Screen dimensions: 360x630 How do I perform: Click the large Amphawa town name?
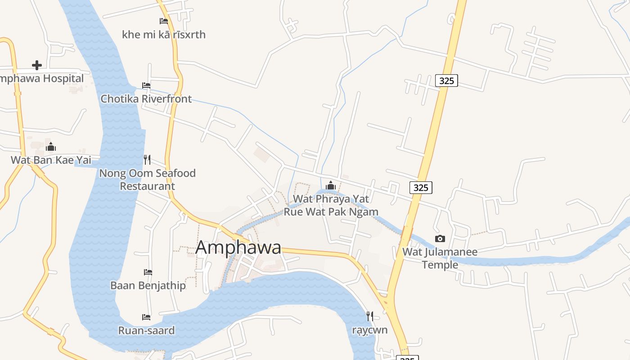point(238,248)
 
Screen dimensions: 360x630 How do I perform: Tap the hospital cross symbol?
point(37,65)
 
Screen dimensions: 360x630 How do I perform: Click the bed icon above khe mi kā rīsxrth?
point(164,21)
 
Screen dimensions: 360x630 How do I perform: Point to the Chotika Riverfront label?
point(146,99)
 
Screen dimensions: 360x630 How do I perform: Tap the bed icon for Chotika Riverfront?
point(146,85)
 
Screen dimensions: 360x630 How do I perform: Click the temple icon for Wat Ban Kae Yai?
point(51,147)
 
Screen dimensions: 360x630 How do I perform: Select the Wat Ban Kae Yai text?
point(51,160)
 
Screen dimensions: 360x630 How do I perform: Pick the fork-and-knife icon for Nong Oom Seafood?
point(147,159)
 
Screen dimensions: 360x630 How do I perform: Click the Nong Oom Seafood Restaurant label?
point(147,180)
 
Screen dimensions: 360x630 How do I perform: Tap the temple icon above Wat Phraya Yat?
point(331,185)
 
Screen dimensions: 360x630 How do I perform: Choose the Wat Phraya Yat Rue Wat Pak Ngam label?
point(331,205)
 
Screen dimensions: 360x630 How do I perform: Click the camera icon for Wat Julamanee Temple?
point(440,238)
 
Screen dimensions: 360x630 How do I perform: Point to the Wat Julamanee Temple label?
point(440,258)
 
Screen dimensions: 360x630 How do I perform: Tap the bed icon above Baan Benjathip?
point(148,272)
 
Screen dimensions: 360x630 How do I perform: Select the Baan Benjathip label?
point(148,285)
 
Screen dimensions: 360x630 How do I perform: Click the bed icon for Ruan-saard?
point(146,317)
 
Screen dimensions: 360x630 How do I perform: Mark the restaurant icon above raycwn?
point(370,316)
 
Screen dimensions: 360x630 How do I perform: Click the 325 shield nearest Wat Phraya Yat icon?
point(421,187)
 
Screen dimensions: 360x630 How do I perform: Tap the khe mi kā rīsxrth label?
point(164,35)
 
